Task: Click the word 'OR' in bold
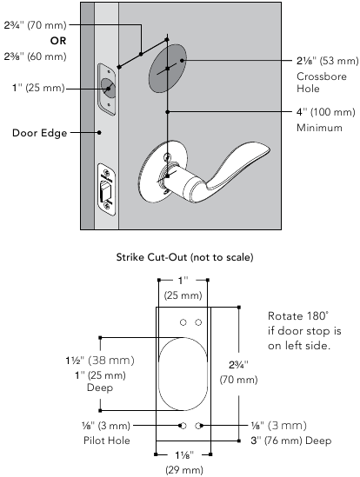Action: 34,40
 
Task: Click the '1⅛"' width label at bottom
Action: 182,456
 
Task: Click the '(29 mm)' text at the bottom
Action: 182,470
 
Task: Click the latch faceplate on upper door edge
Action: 107,88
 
